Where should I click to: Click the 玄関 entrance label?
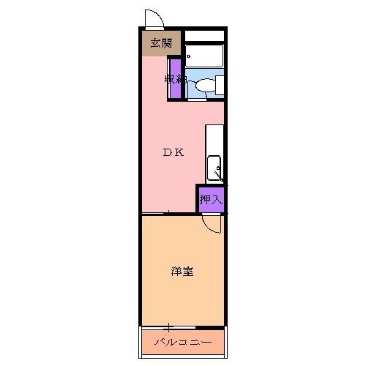[x=161, y=43]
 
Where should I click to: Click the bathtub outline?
[x=203, y=56]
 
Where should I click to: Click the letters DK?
[x=173, y=152]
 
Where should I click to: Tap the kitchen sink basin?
[x=214, y=168]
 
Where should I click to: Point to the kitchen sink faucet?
[x=217, y=173]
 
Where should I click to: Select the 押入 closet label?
[x=211, y=198]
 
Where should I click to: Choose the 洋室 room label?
[x=182, y=272]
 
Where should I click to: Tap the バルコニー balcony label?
[x=183, y=343]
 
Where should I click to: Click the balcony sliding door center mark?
[x=168, y=326]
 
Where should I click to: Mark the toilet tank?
[x=219, y=86]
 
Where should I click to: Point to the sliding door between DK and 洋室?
[x=168, y=213]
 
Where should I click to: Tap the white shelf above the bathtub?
[x=203, y=35]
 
